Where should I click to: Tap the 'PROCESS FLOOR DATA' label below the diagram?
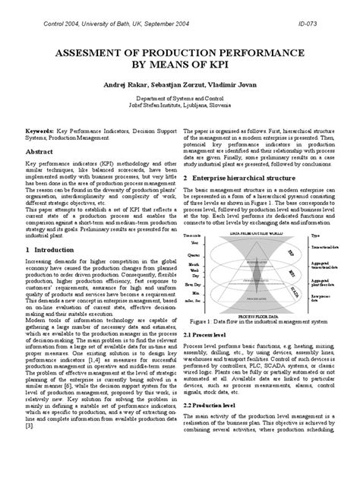tap(256, 311)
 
